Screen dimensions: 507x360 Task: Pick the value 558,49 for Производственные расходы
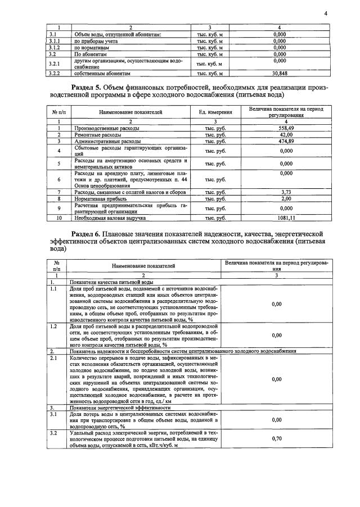pos(287,128)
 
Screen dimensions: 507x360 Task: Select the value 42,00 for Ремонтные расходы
pos(287,134)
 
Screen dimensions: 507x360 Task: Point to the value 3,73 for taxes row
pos(287,192)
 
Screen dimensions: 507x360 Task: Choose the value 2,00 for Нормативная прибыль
pos(287,198)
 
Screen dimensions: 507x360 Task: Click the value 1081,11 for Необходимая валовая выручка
pos(287,217)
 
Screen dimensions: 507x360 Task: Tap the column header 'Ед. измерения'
pos(215,112)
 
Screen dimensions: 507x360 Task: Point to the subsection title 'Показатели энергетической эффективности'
pos(116,407)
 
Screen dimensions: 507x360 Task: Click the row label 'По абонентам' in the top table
pos(88,55)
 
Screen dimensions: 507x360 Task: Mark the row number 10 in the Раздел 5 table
pos(58,217)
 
